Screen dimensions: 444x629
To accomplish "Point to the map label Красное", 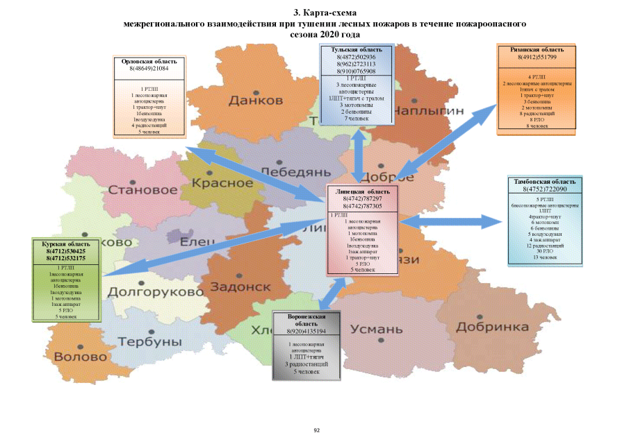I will [222, 182].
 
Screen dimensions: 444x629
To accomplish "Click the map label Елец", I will [198, 242].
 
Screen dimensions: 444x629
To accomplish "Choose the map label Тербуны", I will [149, 342].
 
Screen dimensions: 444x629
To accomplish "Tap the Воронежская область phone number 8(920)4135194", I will [307, 332].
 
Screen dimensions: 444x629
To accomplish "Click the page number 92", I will [316, 431].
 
